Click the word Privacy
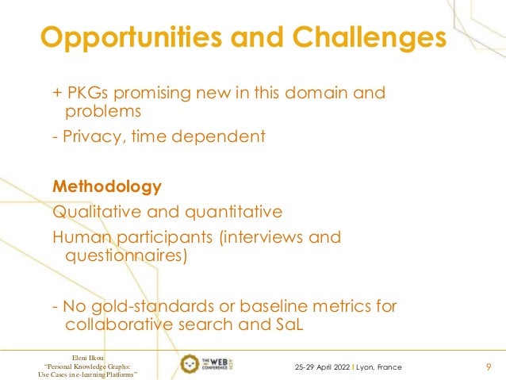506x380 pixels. [86, 137]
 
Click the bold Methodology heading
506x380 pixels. [106, 188]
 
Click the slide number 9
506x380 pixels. [487, 366]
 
